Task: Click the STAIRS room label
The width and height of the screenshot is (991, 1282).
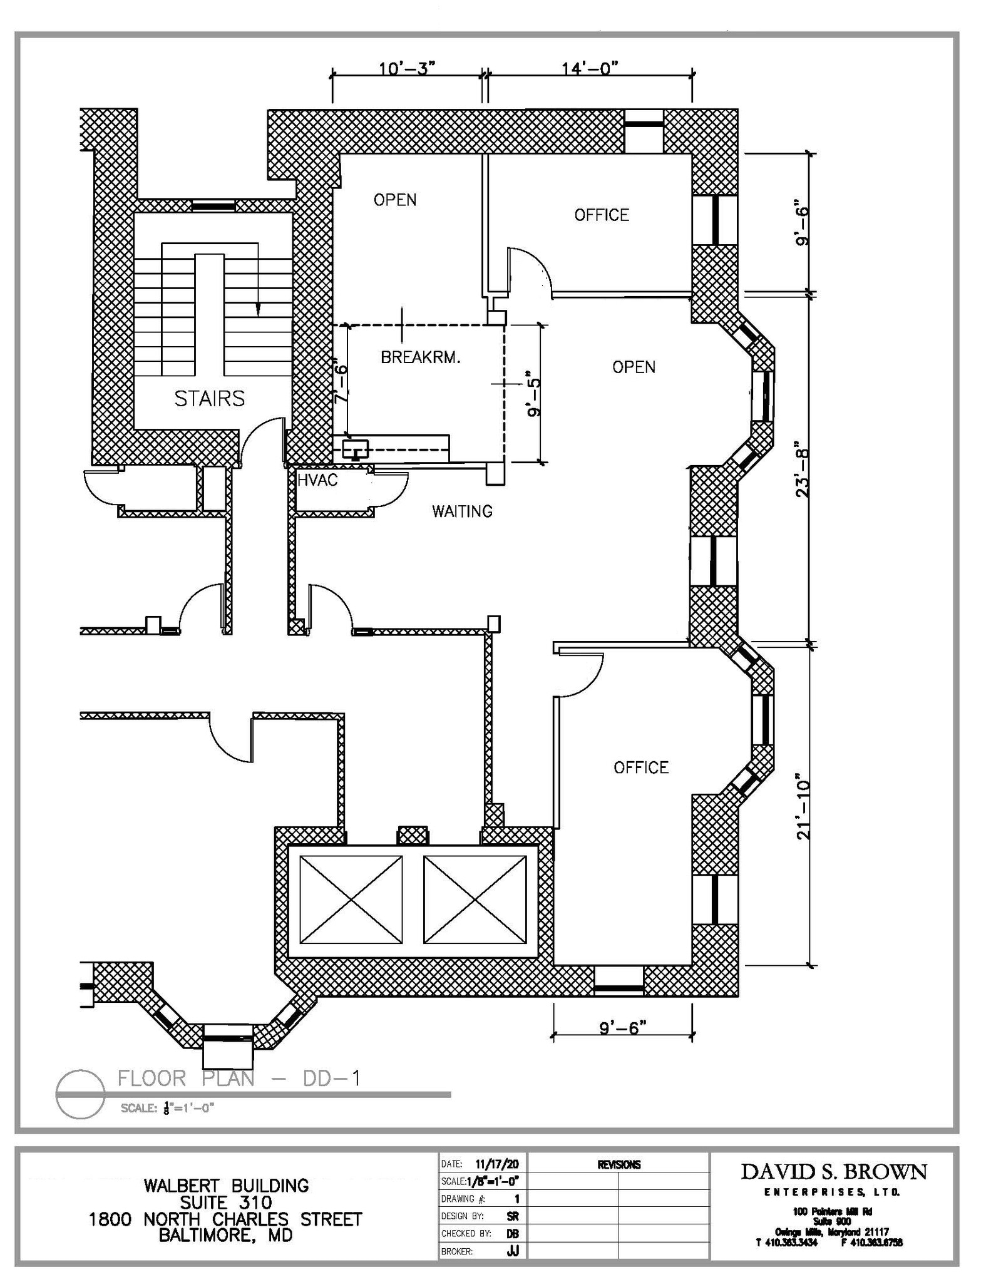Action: pyautogui.click(x=209, y=399)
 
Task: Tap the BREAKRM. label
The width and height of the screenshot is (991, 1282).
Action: pyautogui.click(x=421, y=357)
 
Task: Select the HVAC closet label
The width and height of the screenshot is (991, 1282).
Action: pyautogui.click(x=317, y=480)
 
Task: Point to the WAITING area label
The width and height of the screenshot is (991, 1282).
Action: pyautogui.click(x=462, y=511)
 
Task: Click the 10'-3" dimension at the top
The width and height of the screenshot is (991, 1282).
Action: pyautogui.click(x=406, y=68)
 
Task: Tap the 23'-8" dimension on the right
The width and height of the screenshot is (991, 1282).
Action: pyautogui.click(x=803, y=473)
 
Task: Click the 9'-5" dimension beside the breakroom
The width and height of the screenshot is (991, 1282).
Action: pyautogui.click(x=533, y=399)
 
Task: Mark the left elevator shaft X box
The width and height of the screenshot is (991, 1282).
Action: pyautogui.click(x=351, y=899)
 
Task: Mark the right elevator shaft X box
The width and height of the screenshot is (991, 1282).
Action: pyautogui.click(x=475, y=899)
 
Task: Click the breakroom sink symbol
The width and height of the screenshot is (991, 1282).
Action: pyautogui.click(x=355, y=449)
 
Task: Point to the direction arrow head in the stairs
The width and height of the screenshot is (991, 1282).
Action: pyautogui.click(x=257, y=309)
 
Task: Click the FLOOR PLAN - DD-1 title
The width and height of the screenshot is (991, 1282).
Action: pyautogui.click(x=239, y=1078)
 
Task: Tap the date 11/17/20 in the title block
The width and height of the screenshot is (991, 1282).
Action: pyautogui.click(x=496, y=1164)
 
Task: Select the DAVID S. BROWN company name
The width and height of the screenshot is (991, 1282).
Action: pyautogui.click(x=833, y=1172)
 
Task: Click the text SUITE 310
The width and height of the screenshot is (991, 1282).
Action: pyautogui.click(x=226, y=1203)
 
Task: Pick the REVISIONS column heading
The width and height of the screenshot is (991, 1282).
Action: pyautogui.click(x=619, y=1164)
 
